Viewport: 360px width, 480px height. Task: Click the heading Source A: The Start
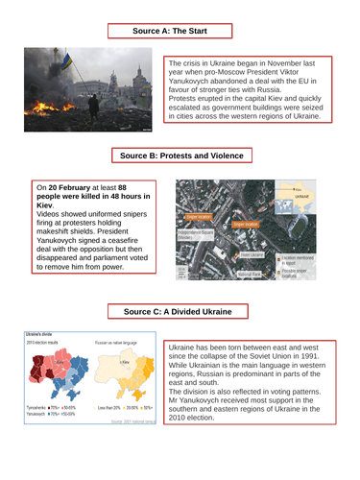(180, 31)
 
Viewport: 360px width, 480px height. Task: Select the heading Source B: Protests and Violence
(180, 156)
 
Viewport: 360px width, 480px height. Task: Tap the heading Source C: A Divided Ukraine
(180, 285)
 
